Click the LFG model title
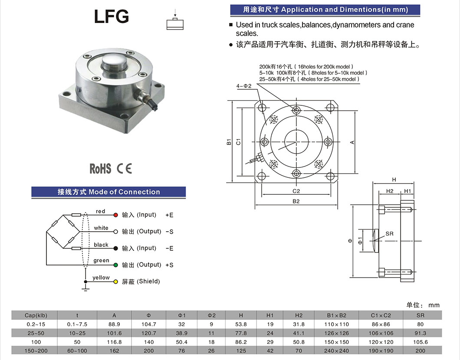coord(111,16)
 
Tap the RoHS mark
coord(100,169)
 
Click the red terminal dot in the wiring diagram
coord(115,215)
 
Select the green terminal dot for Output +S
coord(115,265)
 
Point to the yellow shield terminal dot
coord(115,282)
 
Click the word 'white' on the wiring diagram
coord(101,228)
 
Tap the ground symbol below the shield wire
coord(85,289)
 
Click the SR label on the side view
coord(389,234)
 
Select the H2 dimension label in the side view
coord(389,191)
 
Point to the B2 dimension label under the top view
coord(296,201)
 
